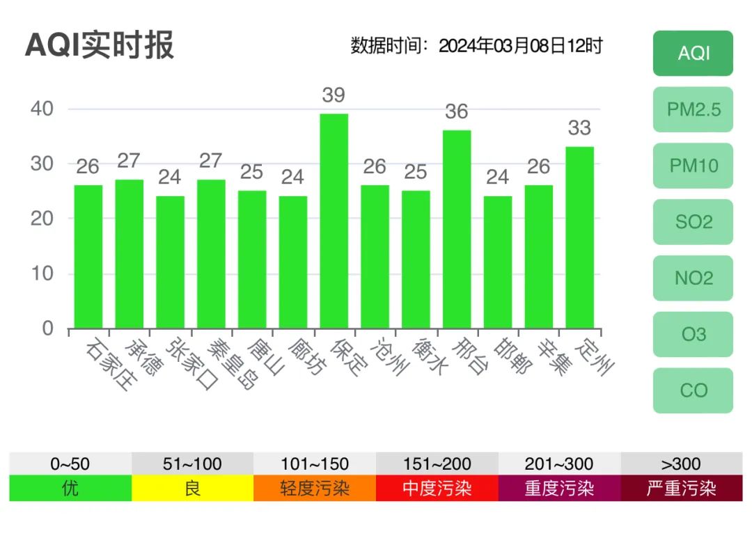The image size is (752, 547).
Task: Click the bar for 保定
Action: [x=334, y=221]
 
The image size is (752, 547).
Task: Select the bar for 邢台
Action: [x=457, y=229]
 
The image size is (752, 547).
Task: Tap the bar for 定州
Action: [x=579, y=237]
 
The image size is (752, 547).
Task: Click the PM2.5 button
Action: [x=693, y=109]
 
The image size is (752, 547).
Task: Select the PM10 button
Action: [x=693, y=166]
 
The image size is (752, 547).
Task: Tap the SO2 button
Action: [x=693, y=222]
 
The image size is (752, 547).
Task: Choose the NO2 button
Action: [x=693, y=278]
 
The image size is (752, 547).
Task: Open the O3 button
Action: [x=693, y=335]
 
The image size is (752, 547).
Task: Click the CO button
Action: [x=693, y=390]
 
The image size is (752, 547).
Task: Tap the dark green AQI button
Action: [x=693, y=53]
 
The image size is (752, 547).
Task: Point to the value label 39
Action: [x=334, y=95]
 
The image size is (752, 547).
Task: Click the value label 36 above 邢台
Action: [x=457, y=111]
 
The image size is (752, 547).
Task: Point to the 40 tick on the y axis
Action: [x=42, y=109]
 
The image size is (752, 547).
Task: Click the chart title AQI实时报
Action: [x=100, y=46]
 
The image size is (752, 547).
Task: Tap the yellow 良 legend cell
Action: [x=192, y=488]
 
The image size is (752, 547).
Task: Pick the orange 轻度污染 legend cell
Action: [x=315, y=488]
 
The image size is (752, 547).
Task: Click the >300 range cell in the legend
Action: [x=681, y=463]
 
